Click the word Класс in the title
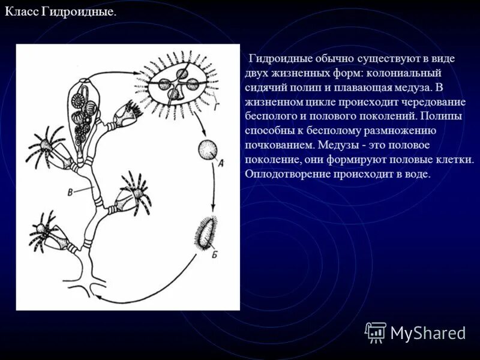(23, 13)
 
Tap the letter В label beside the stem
(71, 191)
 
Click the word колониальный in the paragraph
(404, 73)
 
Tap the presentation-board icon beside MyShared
(375, 331)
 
